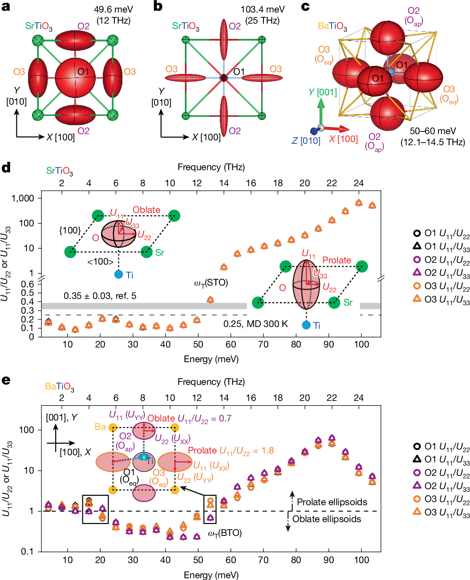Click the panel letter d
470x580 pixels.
6,168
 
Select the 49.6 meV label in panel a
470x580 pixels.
113,9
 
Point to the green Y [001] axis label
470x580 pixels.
323,92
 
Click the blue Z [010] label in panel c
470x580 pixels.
306,141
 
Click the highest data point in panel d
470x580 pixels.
359,203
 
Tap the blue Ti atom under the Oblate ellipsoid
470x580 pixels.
118,274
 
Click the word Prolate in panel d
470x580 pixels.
336,260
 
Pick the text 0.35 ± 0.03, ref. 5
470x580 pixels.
100,296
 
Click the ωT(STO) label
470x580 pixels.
211,282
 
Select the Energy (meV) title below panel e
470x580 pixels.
211,574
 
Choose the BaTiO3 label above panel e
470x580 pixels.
59,387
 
